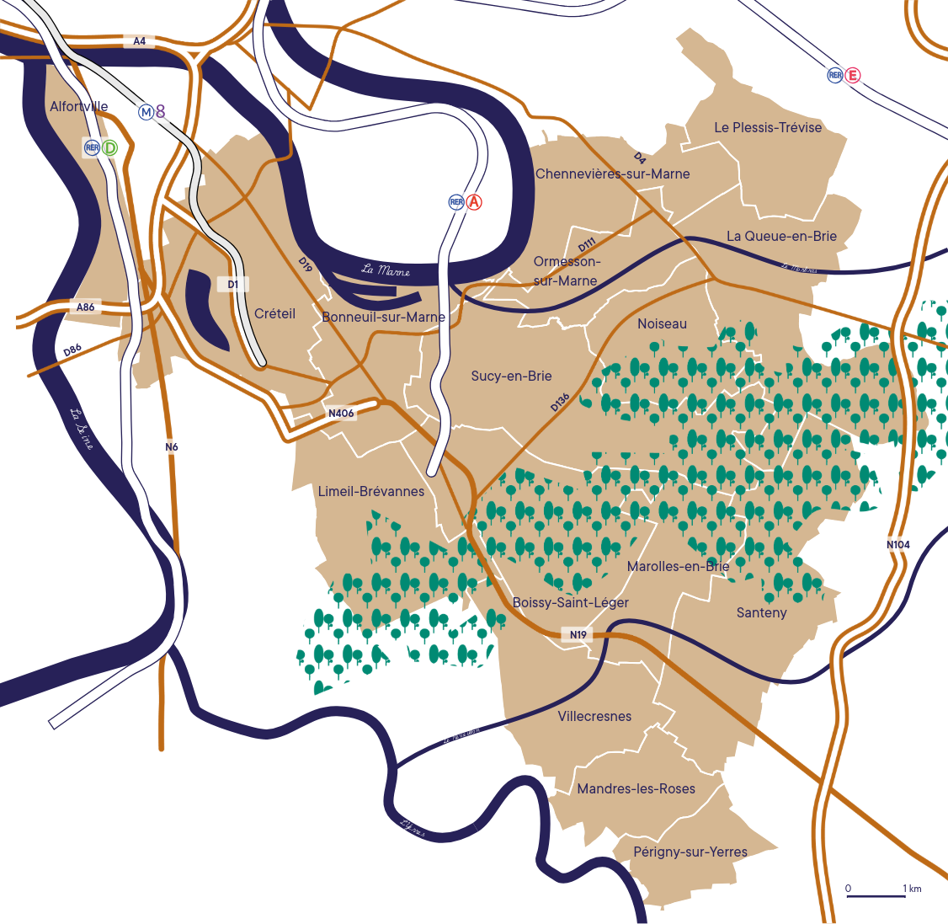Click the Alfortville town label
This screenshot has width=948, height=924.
(79, 107)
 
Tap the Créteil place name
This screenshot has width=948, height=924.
(274, 313)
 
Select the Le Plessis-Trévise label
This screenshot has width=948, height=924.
(768, 127)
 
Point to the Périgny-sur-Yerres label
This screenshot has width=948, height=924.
(690, 852)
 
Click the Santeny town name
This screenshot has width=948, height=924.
(761, 612)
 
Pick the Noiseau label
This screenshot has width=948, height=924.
(662, 323)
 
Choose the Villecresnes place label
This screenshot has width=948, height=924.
(594, 716)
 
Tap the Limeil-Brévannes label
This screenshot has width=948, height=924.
(371, 491)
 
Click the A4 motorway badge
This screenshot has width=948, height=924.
(139, 41)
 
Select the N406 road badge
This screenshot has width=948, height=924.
(341, 413)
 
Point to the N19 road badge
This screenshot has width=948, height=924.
(578, 634)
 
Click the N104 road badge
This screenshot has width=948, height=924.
(898, 544)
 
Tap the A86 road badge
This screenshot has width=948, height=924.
(86, 307)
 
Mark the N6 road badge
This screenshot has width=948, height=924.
(172, 446)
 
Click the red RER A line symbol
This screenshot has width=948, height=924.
(474, 202)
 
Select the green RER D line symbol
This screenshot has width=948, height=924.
(109, 147)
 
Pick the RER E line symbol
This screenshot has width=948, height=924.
(853, 76)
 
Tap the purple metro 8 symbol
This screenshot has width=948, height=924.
(160, 111)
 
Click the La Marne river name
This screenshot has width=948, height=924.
(386, 270)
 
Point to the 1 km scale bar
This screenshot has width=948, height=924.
(876, 895)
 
